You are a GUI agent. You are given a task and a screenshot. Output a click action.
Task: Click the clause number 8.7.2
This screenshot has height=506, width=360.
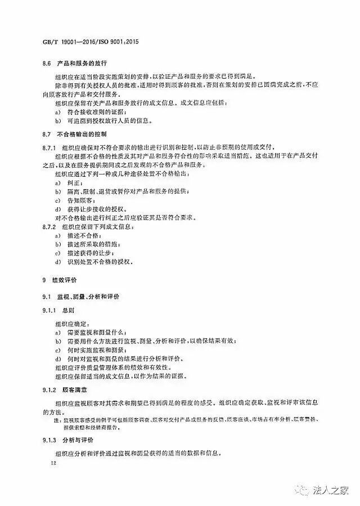pos(51,227)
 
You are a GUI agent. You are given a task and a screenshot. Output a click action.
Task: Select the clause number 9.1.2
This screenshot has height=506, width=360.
pos(51,389)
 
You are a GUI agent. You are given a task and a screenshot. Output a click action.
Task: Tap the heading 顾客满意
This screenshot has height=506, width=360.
pos(80,389)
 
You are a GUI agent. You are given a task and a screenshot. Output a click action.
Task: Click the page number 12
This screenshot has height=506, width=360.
pos(54,463)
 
